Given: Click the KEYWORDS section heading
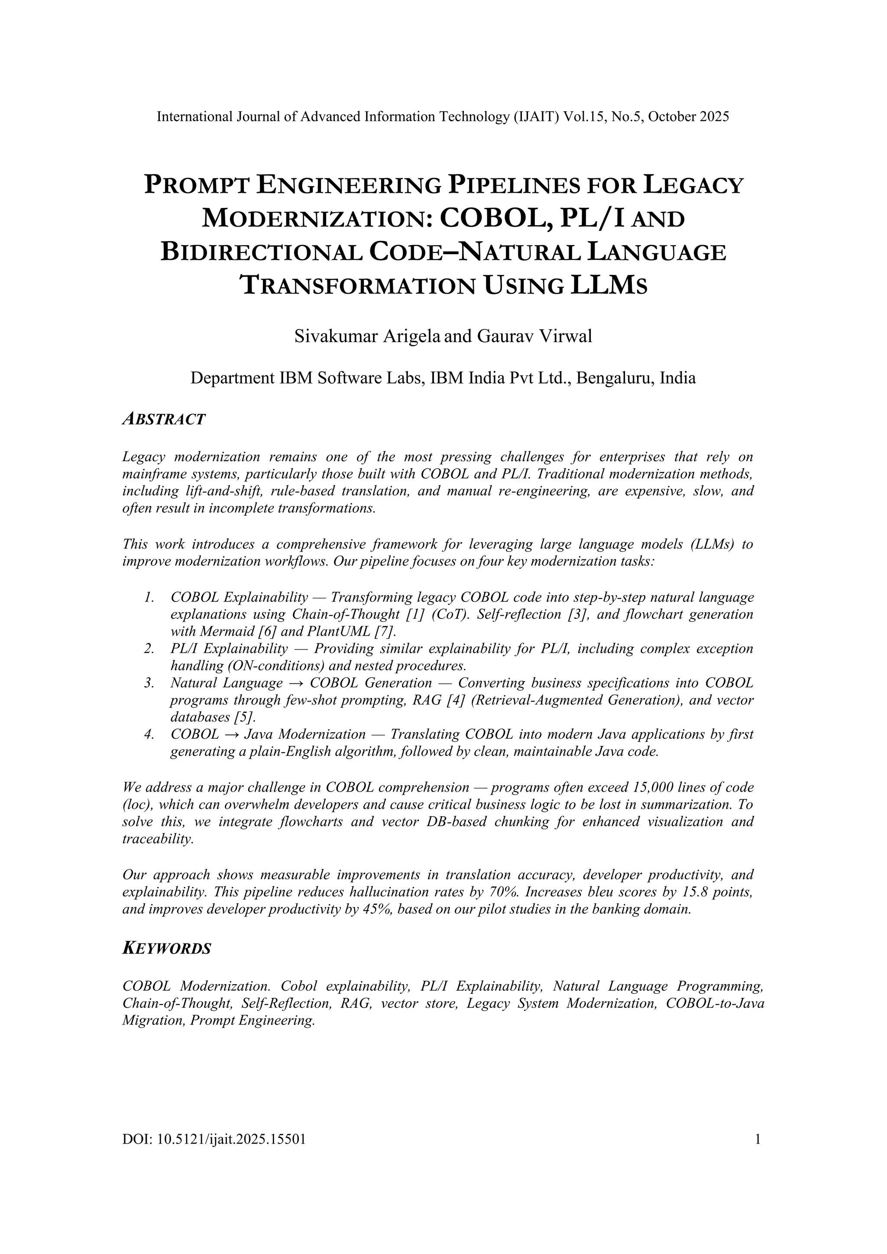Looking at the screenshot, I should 167,948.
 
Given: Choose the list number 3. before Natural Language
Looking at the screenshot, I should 149,683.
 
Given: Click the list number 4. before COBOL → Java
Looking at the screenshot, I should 149,734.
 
